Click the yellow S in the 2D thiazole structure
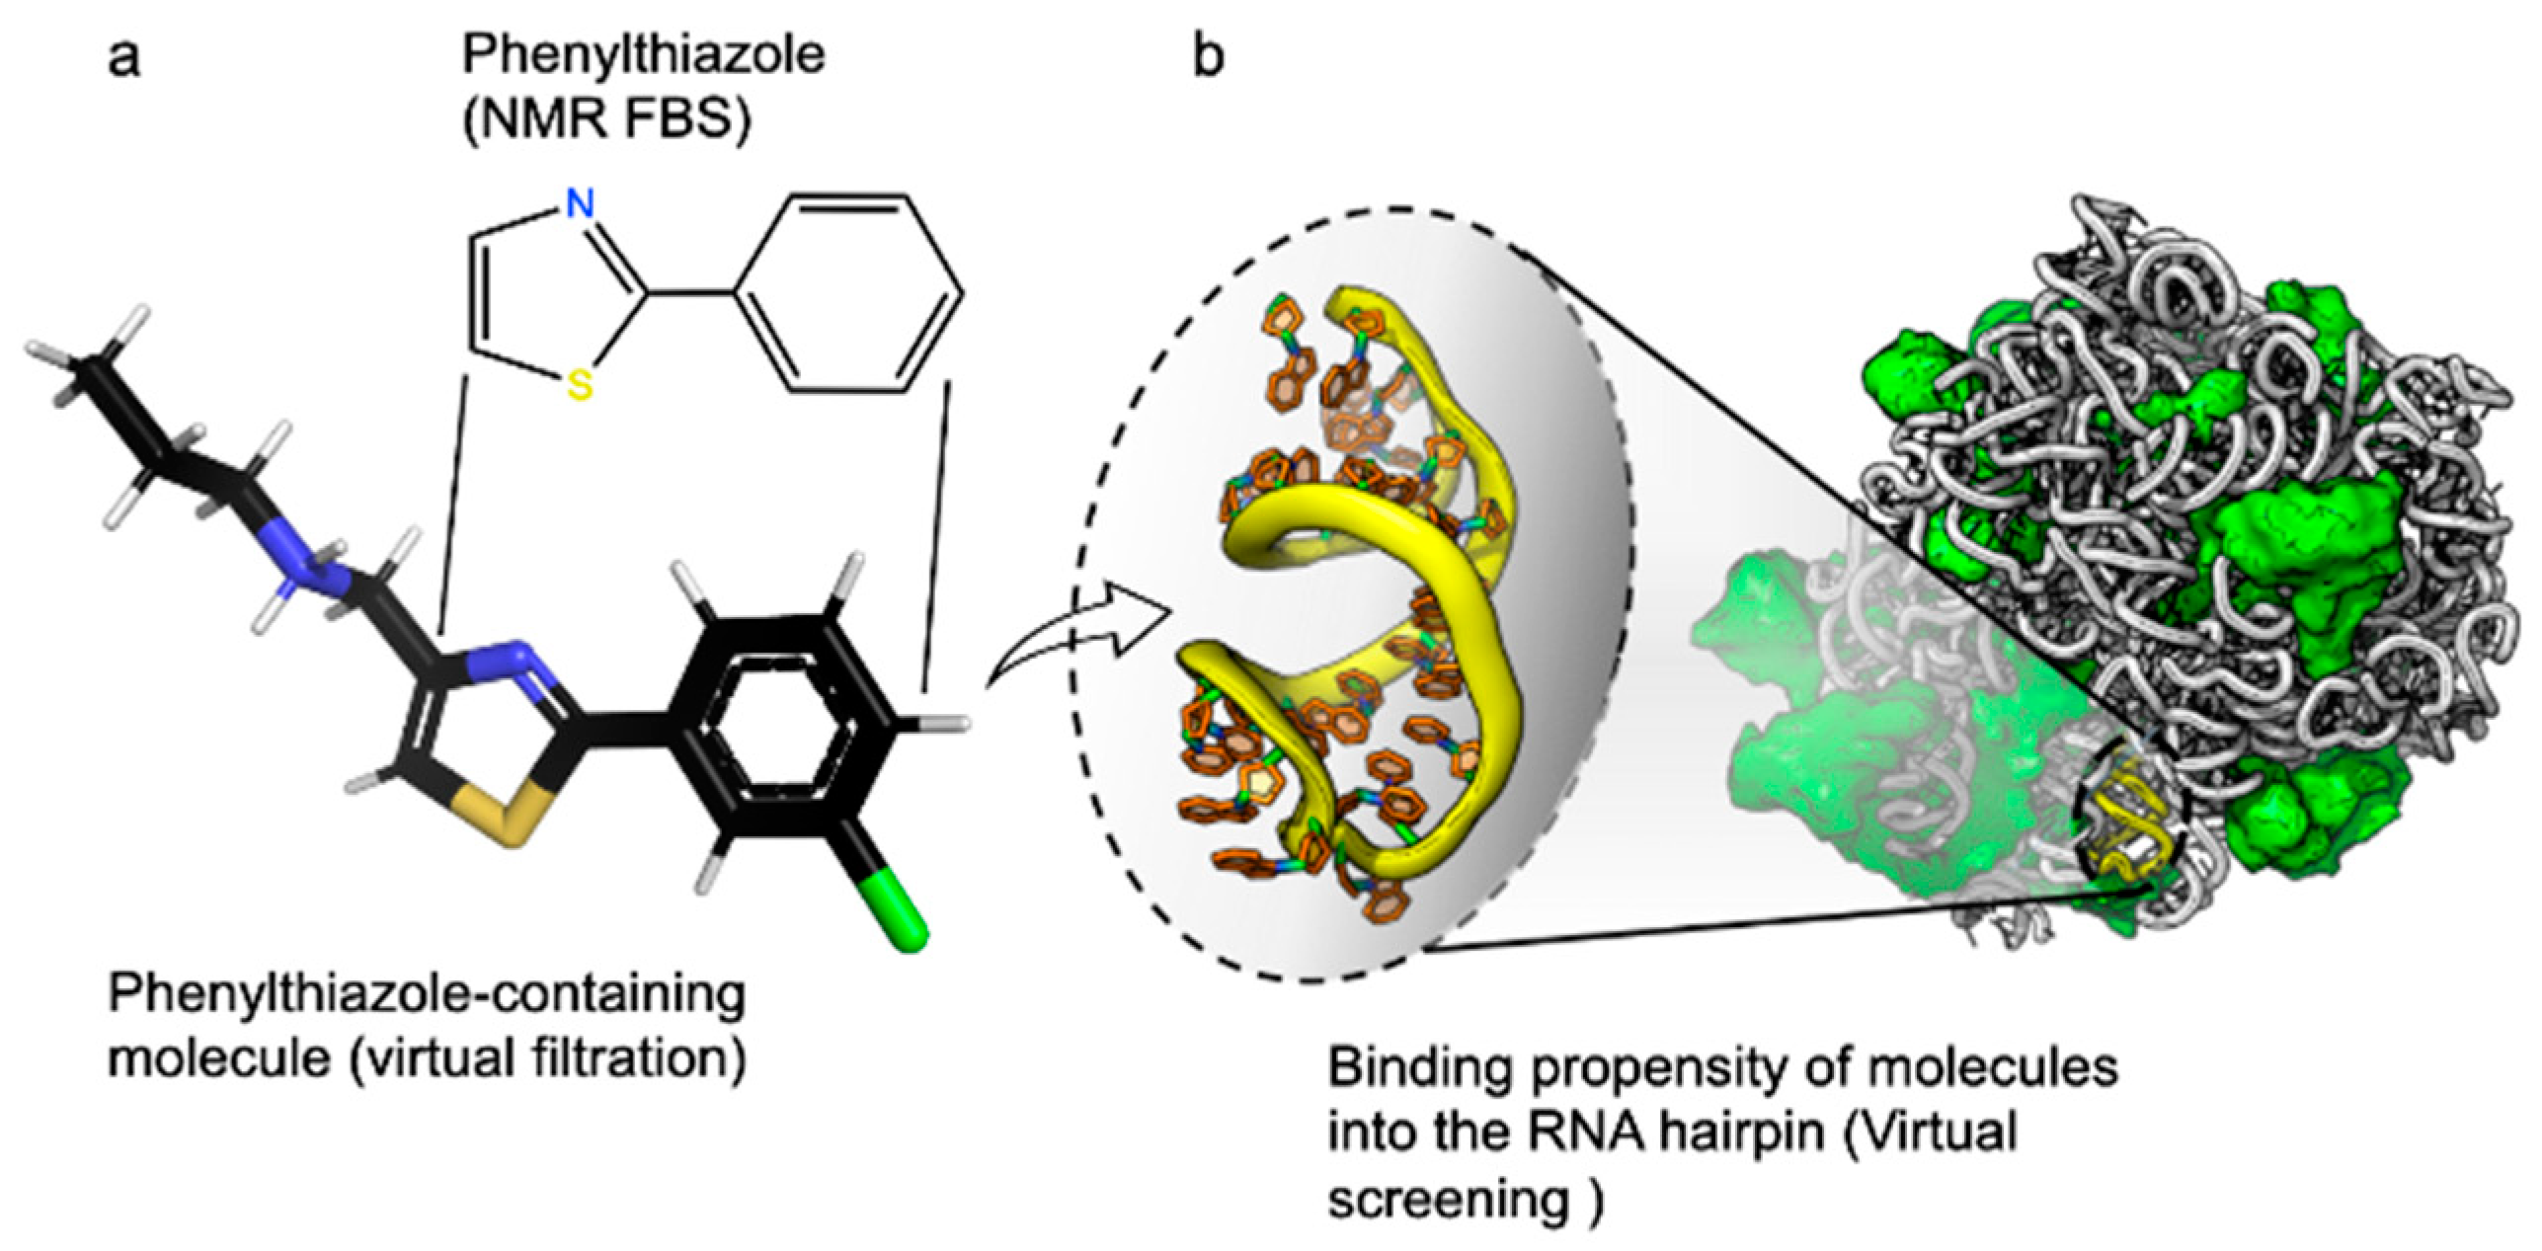581,386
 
